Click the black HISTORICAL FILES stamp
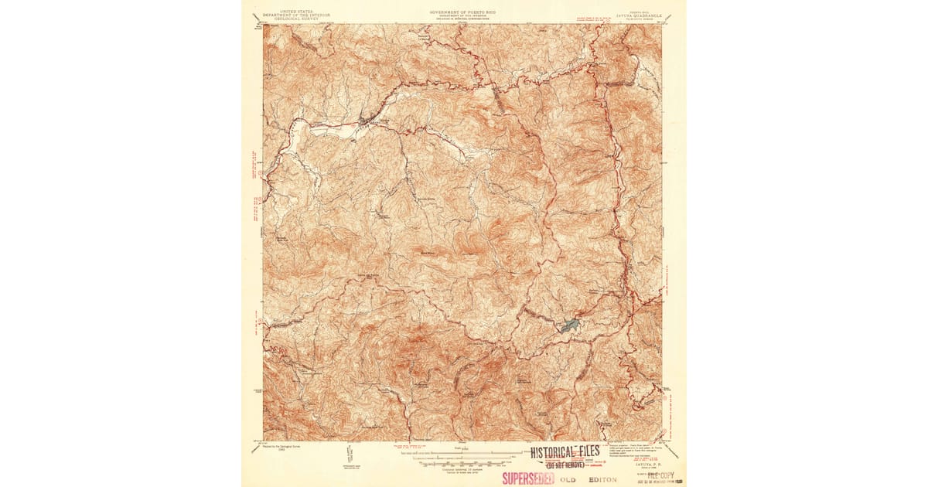point(565,452)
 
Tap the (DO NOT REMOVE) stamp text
point(565,465)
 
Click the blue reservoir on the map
point(570,325)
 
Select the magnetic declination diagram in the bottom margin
point(349,456)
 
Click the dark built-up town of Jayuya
point(364,122)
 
